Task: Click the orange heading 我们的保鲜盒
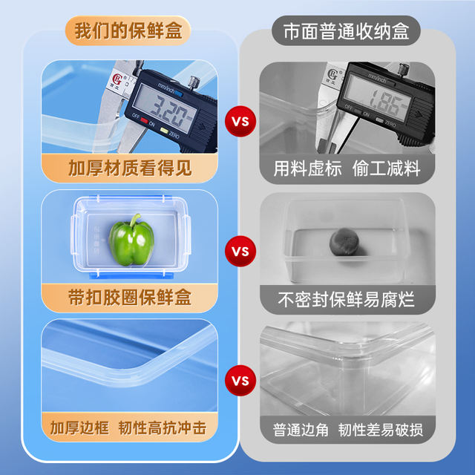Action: pos(128,31)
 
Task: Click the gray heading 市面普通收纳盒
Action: pos(347,31)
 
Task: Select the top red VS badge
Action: pos(240,122)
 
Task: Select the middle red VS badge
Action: pos(240,251)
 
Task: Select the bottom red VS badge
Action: pos(240,381)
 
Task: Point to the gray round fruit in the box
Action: pos(344,241)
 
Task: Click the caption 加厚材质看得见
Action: pos(130,168)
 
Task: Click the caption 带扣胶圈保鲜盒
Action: pos(130,298)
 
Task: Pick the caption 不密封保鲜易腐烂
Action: pos(347,300)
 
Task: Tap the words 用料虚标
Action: pos(307,168)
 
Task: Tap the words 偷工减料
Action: pos(386,168)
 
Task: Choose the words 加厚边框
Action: pos(79,427)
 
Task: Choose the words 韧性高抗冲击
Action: pos(163,427)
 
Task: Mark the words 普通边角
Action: pos(301,430)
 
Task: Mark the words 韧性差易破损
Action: pos(381,430)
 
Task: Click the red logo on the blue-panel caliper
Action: pos(117,80)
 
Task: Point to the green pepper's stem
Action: pos(135,220)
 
